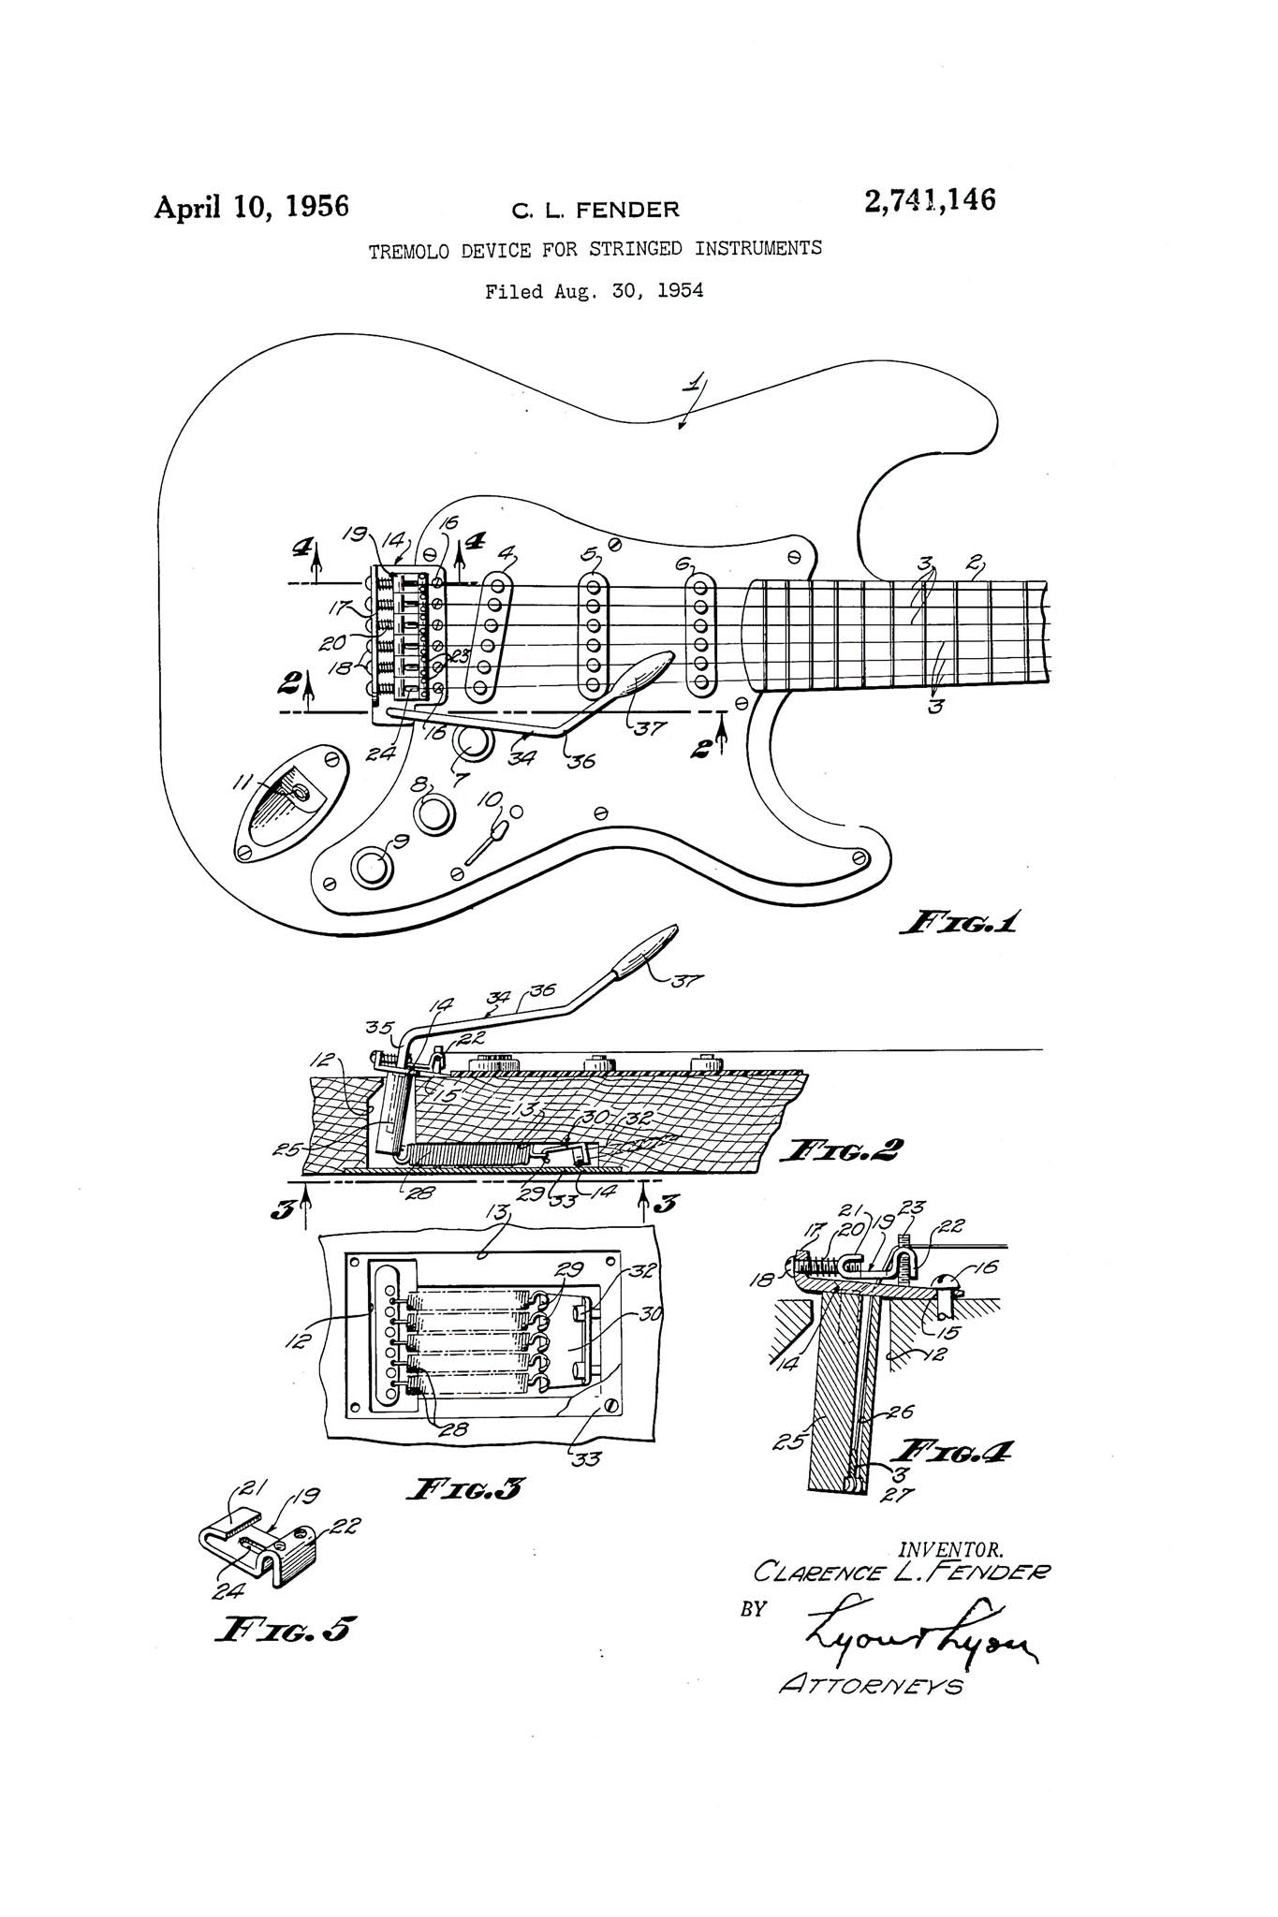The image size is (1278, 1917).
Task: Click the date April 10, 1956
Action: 251,206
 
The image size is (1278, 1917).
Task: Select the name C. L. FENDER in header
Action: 595,210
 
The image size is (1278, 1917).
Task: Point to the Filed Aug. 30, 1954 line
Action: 594,291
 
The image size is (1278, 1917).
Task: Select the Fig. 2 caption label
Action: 845,1149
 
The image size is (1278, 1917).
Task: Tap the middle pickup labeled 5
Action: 592,637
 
